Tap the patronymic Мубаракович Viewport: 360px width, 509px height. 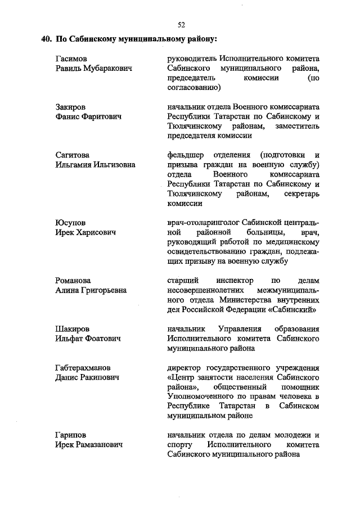pyautogui.click(x=106, y=69)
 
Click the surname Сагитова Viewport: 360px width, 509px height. pyautogui.click(x=73, y=155)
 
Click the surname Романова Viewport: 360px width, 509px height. pyautogui.click(x=73, y=280)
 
